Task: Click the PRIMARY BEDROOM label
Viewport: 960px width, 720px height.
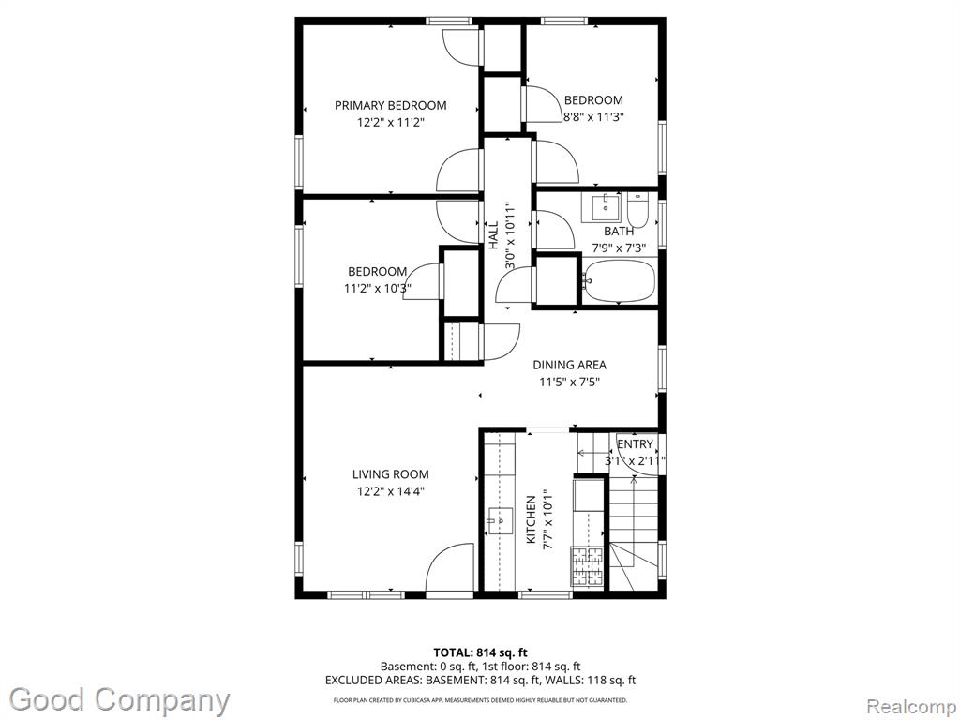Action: (391, 105)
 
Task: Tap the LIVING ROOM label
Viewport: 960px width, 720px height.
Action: (391, 473)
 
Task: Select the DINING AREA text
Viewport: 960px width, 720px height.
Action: (569, 365)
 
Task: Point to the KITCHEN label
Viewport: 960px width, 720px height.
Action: (531, 519)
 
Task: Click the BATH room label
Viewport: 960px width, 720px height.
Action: (619, 232)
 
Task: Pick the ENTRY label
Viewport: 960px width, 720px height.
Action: (635, 444)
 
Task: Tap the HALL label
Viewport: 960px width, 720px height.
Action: (493, 235)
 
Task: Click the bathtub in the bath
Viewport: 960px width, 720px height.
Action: (618, 281)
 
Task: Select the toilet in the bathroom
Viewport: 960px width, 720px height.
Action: (637, 210)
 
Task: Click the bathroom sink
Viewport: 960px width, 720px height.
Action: (606, 207)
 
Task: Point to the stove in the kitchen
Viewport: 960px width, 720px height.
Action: (588, 566)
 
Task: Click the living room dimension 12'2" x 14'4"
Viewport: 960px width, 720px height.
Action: (391, 491)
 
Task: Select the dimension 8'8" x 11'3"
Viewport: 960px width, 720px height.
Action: (593, 117)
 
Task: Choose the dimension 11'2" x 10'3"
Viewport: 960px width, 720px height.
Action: (377, 289)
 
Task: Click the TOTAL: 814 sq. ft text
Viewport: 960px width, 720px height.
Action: (480, 652)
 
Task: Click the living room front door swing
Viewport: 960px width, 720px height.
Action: (450, 567)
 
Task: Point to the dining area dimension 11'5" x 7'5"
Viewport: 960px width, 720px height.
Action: (569, 382)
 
